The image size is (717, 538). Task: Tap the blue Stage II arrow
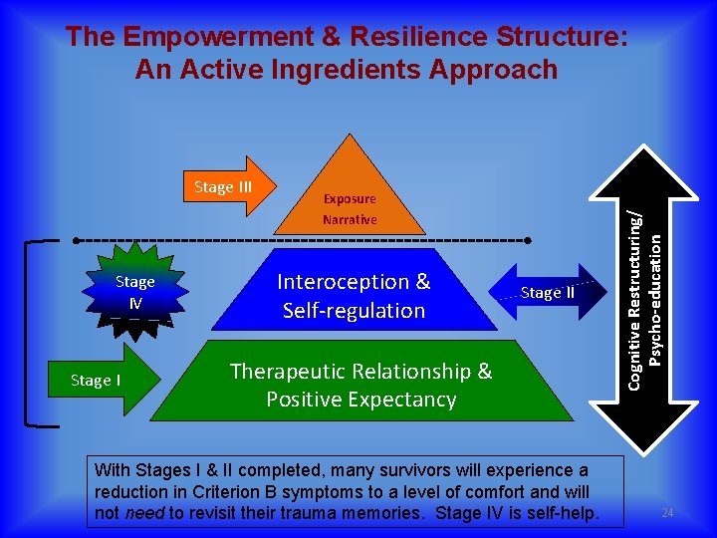click(x=547, y=292)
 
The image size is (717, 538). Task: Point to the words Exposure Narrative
click(x=350, y=209)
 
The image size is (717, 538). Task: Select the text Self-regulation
click(x=354, y=311)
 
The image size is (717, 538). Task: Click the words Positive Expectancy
click(x=360, y=400)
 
